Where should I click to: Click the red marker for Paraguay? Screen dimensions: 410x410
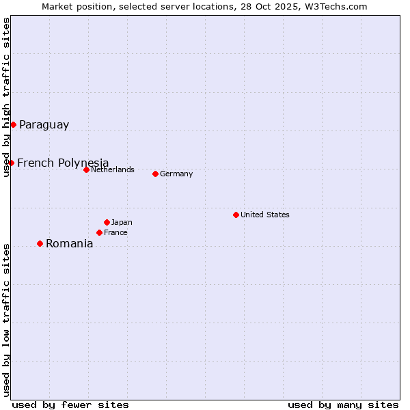(13, 124)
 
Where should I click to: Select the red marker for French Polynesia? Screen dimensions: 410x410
(11, 163)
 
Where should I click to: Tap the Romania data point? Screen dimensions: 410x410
(40, 243)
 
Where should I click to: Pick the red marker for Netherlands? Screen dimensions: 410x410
(86, 169)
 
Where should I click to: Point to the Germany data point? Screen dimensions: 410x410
(155, 174)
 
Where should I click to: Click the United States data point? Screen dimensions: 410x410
(236, 215)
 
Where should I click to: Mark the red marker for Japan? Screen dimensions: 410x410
(107, 222)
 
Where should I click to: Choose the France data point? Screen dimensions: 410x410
(99, 232)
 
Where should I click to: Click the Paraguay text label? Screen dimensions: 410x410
(44, 124)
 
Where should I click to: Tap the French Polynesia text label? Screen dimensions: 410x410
(63, 163)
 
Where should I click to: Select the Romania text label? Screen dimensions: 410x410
(69, 244)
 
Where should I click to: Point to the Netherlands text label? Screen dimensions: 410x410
(112, 169)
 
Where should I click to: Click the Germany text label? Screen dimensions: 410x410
(176, 174)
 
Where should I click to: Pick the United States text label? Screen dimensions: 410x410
(264, 215)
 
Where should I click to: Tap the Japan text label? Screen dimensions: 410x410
(122, 222)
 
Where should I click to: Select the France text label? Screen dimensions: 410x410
(115, 232)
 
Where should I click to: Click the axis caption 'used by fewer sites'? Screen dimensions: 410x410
(70, 405)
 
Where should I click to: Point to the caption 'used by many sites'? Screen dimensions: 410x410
(343, 405)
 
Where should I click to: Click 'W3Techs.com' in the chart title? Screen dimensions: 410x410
(337, 6)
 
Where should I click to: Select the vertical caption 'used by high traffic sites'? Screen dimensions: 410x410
(6, 97)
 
